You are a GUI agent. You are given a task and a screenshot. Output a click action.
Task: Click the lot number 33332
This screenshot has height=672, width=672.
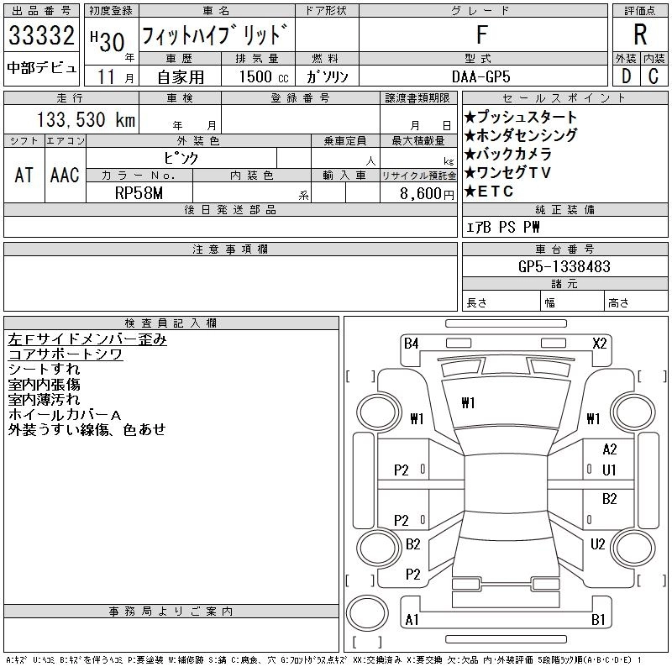(41, 37)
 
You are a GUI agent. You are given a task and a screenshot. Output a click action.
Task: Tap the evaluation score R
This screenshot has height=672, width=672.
(640, 35)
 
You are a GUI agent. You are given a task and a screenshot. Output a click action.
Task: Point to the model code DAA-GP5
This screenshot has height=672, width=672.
(481, 76)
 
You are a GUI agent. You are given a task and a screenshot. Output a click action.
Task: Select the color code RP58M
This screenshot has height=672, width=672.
(139, 192)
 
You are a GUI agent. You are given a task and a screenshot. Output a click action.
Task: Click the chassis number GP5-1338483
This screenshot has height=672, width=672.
(564, 266)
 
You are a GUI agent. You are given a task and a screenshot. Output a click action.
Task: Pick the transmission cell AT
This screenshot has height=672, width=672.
(24, 175)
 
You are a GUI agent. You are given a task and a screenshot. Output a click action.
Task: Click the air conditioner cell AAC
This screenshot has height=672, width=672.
(65, 175)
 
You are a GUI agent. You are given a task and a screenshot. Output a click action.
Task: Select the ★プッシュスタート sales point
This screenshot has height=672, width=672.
(521, 117)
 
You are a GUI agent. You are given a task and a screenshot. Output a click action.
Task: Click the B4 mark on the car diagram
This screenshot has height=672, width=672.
(411, 343)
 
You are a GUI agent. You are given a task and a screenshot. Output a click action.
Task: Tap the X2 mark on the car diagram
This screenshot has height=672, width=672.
(600, 343)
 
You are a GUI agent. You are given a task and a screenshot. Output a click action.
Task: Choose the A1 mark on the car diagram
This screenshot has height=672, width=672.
(412, 620)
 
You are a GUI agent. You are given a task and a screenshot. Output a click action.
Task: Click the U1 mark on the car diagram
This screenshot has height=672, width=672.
(610, 470)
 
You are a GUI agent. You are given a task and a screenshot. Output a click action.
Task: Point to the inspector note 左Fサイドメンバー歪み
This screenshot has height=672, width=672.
(87, 339)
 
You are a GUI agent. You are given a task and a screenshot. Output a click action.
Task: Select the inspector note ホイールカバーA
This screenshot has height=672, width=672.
(65, 415)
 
